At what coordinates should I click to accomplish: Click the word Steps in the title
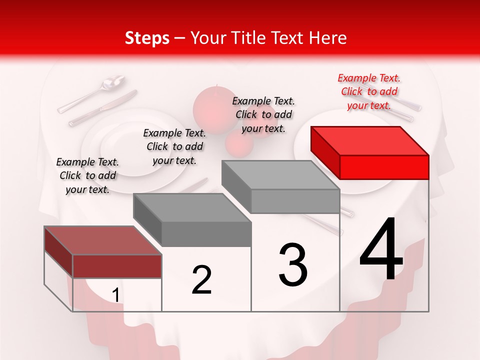pyautogui.click(x=147, y=38)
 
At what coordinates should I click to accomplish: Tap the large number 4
pyautogui.click(x=381, y=250)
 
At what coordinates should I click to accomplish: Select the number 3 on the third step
pyautogui.click(x=293, y=265)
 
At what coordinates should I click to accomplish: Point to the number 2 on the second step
pyautogui.click(x=201, y=280)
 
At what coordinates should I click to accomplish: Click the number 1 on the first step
pyautogui.click(x=115, y=295)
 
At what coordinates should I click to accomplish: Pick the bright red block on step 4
pyautogui.click(x=370, y=152)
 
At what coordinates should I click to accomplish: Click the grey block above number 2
pyautogui.click(x=192, y=220)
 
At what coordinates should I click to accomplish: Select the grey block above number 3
pyautogui.click(x=281, y=186)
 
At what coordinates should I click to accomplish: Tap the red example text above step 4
pyautogui.click(x=369, y=91)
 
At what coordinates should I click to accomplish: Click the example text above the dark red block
pyautogui.click(x=87, y=175)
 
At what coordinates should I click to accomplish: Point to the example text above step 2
pyautogui.click(x=174, y=146)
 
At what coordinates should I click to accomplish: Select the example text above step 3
pyautogui.click(x=263, y=114)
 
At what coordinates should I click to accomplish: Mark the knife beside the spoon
pyautogui.click(x=102, y=107)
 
